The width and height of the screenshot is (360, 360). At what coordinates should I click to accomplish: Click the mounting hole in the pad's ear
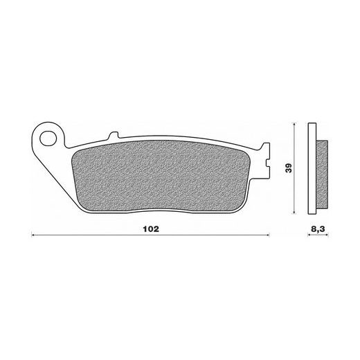(x=48, y=138)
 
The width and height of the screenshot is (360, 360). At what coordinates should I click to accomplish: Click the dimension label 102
(x=151, y=229)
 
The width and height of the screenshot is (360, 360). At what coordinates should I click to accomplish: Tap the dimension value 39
(x=289, y=168)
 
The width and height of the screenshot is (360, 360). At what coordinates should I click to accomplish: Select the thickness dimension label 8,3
(x=318, y=229)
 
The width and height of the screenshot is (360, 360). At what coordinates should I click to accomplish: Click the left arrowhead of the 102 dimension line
(x=33, y=235)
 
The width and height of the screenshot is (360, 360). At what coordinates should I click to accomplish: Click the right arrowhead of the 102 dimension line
(x=268, y=235)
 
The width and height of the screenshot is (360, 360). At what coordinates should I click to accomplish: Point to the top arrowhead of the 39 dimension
(x=294, y=125)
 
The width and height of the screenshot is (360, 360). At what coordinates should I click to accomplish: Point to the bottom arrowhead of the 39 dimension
(x=294, y=213)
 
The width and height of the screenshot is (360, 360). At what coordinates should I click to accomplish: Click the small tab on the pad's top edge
(x=114, y=135)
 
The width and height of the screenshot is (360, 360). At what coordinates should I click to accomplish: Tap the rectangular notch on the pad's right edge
(x=267, y=163)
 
